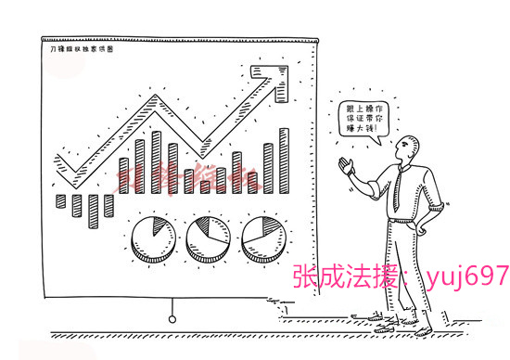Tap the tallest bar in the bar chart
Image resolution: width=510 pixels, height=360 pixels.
tap(284, 160)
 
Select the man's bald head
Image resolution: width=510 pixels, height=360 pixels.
tap(410, 146)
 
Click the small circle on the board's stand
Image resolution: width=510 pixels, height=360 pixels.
tap(172, 319)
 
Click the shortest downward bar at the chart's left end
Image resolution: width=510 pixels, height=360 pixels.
tap(60, 200)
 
